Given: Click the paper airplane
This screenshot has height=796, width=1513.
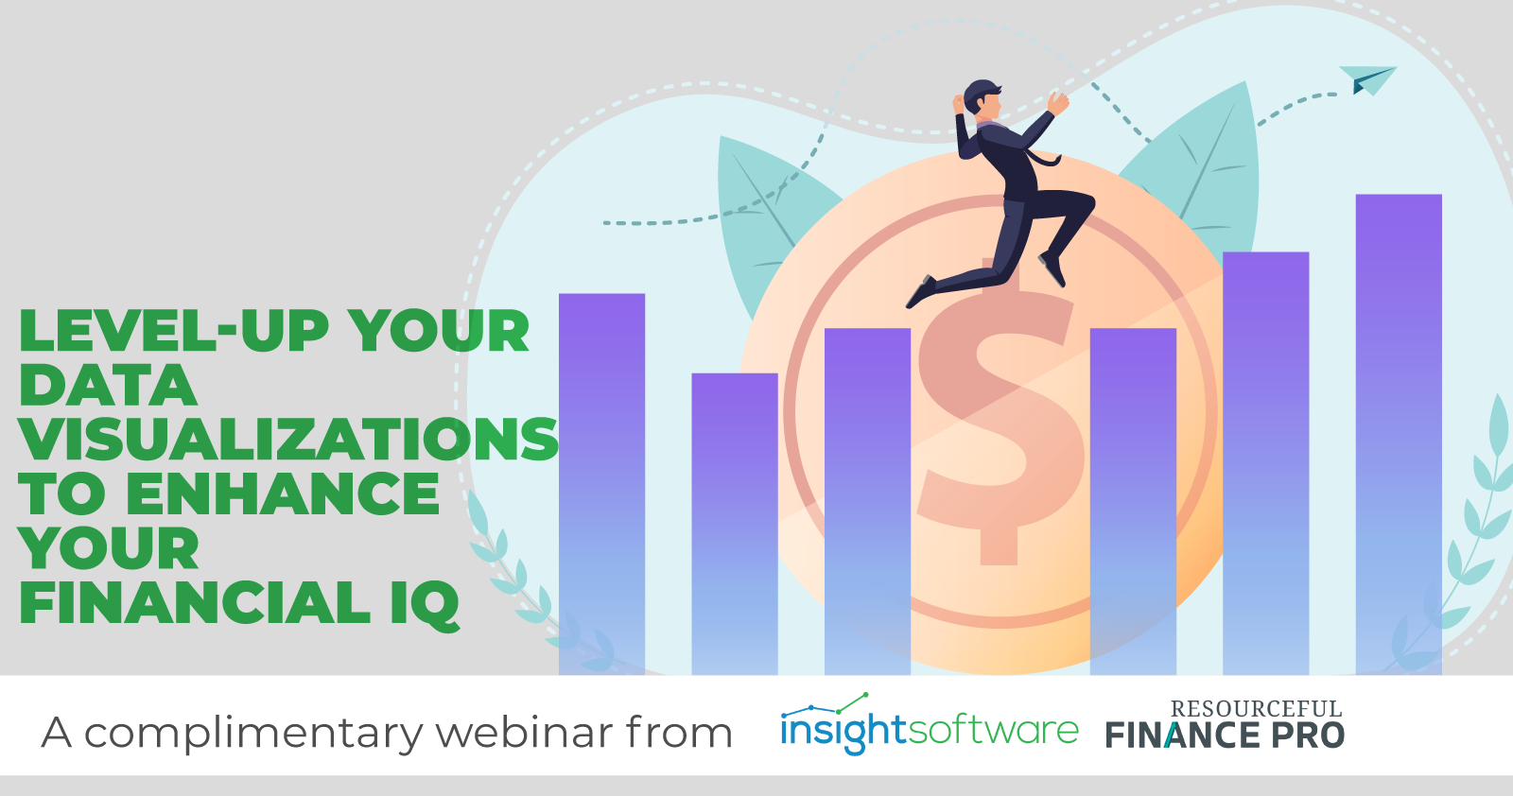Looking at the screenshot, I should pos(1367,79).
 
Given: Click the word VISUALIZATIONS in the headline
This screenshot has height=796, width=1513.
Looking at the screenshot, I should pos(288,440).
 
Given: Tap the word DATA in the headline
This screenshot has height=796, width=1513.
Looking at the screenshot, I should pos(108,386).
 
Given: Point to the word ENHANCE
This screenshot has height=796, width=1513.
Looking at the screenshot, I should pos(283,494).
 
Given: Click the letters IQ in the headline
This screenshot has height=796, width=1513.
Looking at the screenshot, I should pos(425,604).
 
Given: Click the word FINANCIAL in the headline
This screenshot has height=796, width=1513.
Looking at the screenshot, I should pos(195,604).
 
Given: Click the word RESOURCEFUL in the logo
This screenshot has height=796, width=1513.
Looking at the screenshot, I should pos(1256,709).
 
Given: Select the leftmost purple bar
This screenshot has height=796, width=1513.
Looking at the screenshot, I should pos(601,483).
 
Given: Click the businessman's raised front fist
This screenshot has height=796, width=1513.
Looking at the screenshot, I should pos(1057,101).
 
